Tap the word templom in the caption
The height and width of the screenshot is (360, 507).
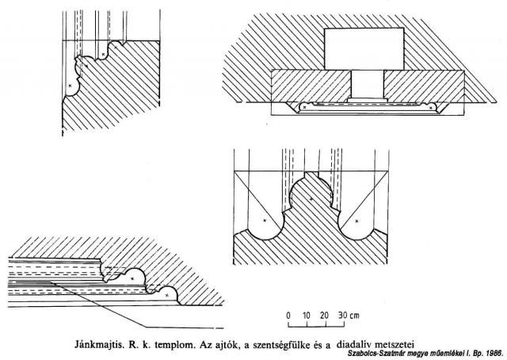click(x=175, y=344)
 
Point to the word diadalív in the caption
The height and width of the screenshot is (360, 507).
click(x=351, y=343)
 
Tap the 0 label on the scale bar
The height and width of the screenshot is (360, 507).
click(x=288, y=316)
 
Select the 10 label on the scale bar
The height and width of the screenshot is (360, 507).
click(x=306, y=316)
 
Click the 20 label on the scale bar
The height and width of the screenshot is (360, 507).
click(x=324, y=316)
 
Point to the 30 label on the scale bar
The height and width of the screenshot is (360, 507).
click(x=343, y=316)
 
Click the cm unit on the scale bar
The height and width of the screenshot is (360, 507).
click(x=354, y=316)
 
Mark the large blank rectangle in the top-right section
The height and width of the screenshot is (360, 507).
click(x=364, y=48)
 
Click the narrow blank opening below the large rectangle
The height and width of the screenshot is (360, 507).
click(x=368, y=84)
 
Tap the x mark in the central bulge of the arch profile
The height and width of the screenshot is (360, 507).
click(x=311, y=199)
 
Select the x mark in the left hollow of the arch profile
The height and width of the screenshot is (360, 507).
click(x=265, y=220)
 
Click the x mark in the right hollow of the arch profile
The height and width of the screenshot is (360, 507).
click(x=356, y=221)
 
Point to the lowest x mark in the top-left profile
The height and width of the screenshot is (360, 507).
click(x=70, y=86)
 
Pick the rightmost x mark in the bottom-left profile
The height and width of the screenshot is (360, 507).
click(x=167, y=295)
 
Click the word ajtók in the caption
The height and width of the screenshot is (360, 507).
click(x=227, y=344)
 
